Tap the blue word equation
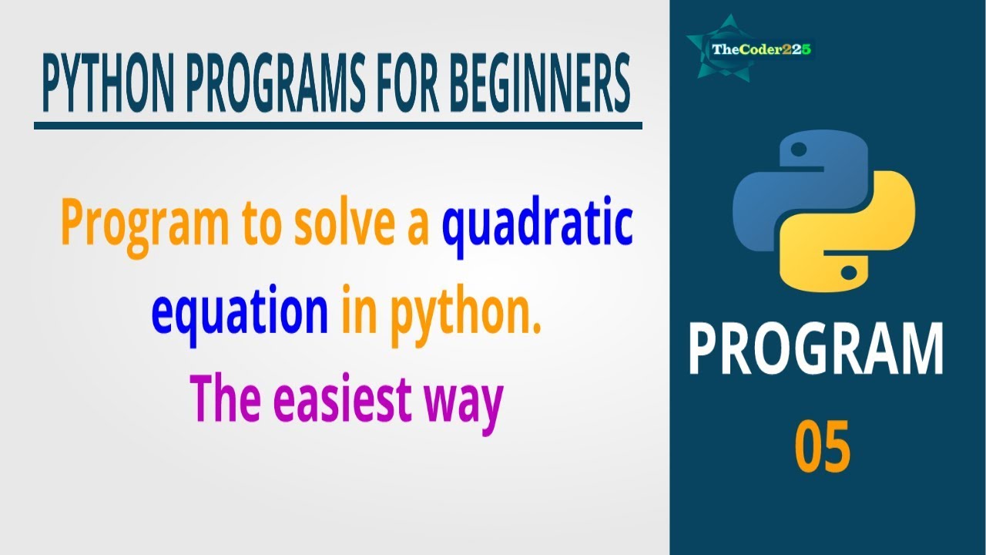click(240, 314)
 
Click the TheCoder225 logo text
click(762, 50)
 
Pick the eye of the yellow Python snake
click(847, 272)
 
